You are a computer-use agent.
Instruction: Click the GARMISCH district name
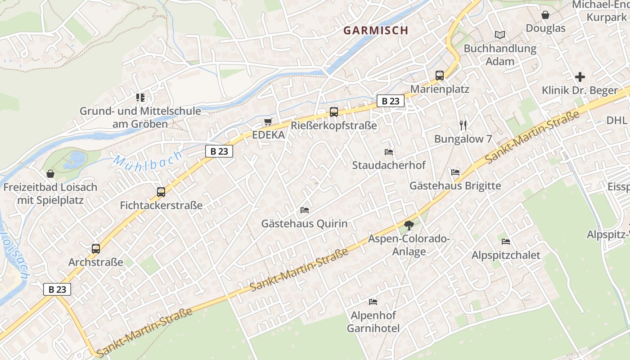tap(376, 31)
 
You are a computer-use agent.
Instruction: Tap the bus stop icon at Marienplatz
tap(440, 76)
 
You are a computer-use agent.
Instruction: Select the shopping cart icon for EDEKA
tap(268, 121)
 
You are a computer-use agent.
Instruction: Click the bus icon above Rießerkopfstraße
tap(333, 112)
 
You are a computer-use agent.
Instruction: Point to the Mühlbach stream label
tap(148, 160)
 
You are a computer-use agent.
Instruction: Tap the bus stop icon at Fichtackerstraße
tap(161, 192)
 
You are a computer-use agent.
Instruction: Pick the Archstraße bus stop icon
tap(96, 249)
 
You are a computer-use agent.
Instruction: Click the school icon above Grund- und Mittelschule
tap(140, 97)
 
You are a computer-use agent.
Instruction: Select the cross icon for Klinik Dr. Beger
tap(580, 77)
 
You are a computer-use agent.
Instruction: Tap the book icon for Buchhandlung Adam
tap(500, 35)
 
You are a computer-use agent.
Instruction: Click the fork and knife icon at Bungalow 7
tap(463, 125)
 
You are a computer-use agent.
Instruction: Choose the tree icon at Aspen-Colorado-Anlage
tap(409, 225)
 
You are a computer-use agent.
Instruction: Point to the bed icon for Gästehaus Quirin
tap(305, 210)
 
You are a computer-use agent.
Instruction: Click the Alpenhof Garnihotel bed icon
tap(373, 301)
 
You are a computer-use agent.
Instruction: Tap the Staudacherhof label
tap(388, 165)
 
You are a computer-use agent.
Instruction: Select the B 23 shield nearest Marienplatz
tap(390, 101)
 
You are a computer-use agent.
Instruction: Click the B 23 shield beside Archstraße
tap(57, 289)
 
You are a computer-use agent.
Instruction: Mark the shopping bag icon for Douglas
tap(545, 15)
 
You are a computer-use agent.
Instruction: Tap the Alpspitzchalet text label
tap(506, 255)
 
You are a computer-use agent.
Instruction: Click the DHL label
tap(616, 120)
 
